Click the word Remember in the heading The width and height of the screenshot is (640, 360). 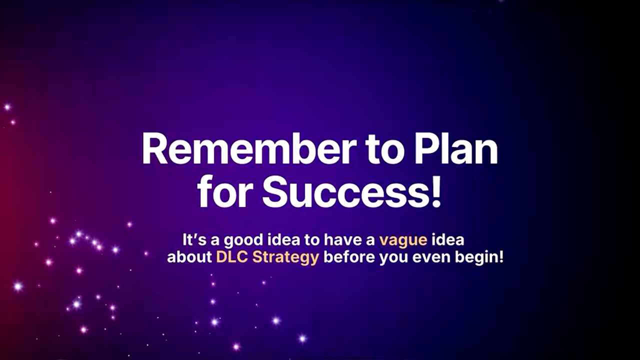tap(248, 149)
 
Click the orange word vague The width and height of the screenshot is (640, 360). tap(403, 240)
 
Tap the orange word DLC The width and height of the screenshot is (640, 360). tap(232, 256)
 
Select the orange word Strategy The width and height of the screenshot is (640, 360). tap(285, 258)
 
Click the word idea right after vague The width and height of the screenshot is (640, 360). tap(447, 239)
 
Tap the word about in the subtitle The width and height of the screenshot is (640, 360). tap(189, 256)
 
